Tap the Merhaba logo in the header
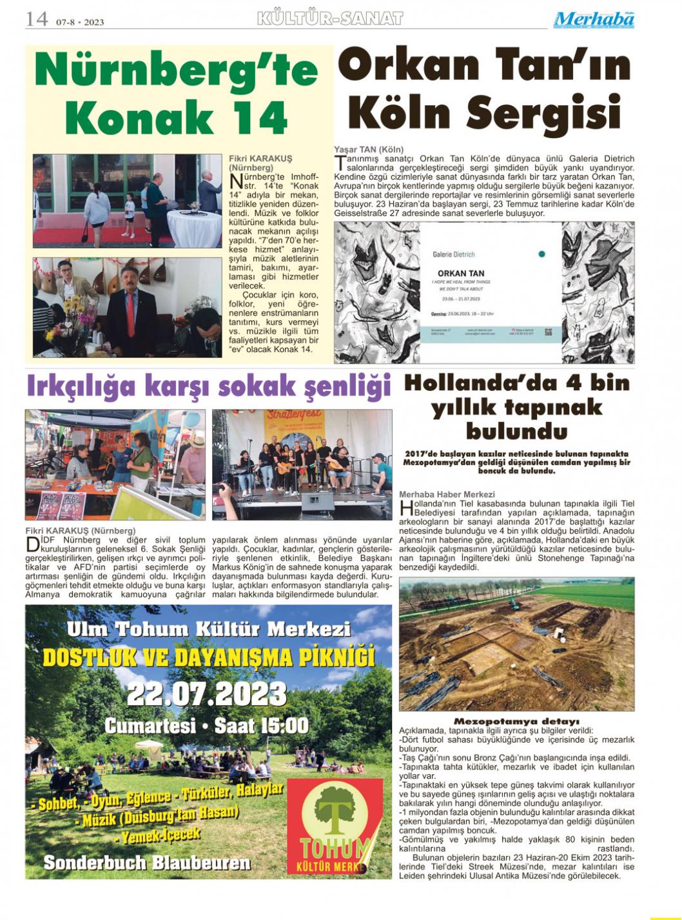[x=593, y=19]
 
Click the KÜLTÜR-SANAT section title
[x=329, y=19]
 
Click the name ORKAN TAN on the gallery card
[x=461, y=274]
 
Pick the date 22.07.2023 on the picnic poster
[x=206, y=694]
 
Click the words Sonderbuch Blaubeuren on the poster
[x=146, y=863]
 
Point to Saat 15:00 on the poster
[x=261, y=725]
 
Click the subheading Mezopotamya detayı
[x=516, y=721]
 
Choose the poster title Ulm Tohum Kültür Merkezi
[x=208, y=629]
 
